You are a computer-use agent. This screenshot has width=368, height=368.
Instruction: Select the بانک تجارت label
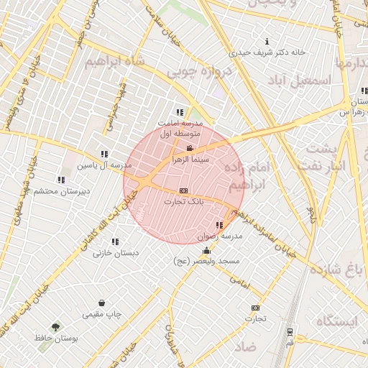click(x=183, y=202)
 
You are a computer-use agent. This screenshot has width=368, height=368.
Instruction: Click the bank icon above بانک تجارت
click(x=184, y=190)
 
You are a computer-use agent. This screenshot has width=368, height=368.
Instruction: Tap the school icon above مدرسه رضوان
click(x=218, y=226)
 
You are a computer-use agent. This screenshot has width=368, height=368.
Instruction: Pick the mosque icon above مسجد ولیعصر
click(x=207, y=251)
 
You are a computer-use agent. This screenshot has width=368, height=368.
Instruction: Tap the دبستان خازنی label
click(x=115, y=253)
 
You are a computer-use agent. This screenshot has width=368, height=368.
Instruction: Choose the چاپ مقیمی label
click(x=103, y=314)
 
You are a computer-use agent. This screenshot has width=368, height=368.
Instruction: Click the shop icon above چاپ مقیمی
click(x=102, y=303)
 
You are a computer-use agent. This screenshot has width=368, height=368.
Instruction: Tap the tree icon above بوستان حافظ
click(x=55, y=326)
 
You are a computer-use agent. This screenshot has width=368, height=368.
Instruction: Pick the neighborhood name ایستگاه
click(x=335, y=321)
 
